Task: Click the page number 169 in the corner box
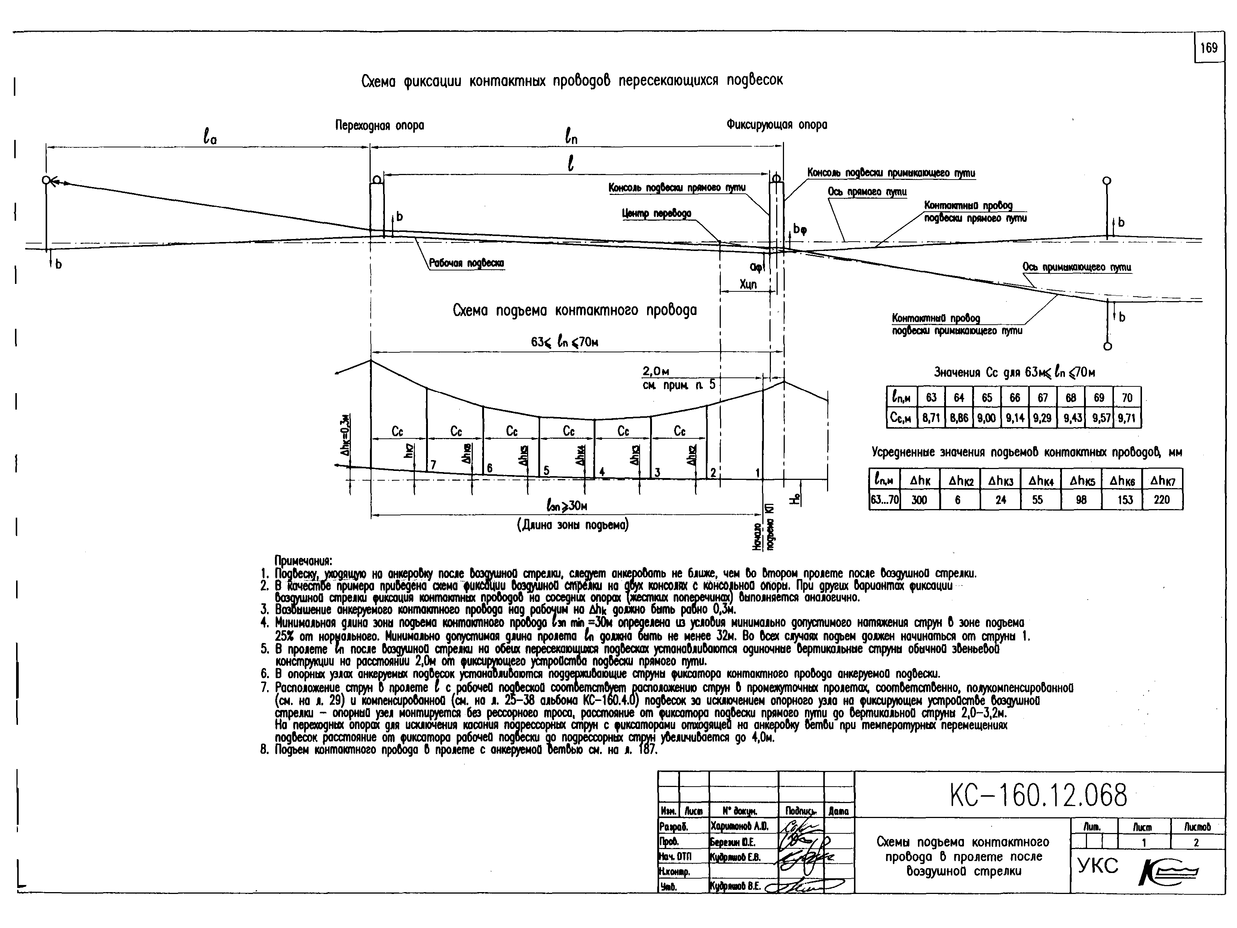[1209, 48]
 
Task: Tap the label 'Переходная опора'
[380, 125]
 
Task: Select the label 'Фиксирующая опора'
[777, 124]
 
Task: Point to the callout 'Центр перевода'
[656, 214]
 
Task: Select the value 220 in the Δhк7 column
[1161, 500]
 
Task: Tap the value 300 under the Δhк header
[919, 500]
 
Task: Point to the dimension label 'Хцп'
[748, 285]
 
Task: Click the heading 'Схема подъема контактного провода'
[575, 310]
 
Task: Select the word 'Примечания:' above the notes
[303, 561]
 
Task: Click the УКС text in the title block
[1098, 866]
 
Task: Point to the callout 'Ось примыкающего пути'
[1077, 267]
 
